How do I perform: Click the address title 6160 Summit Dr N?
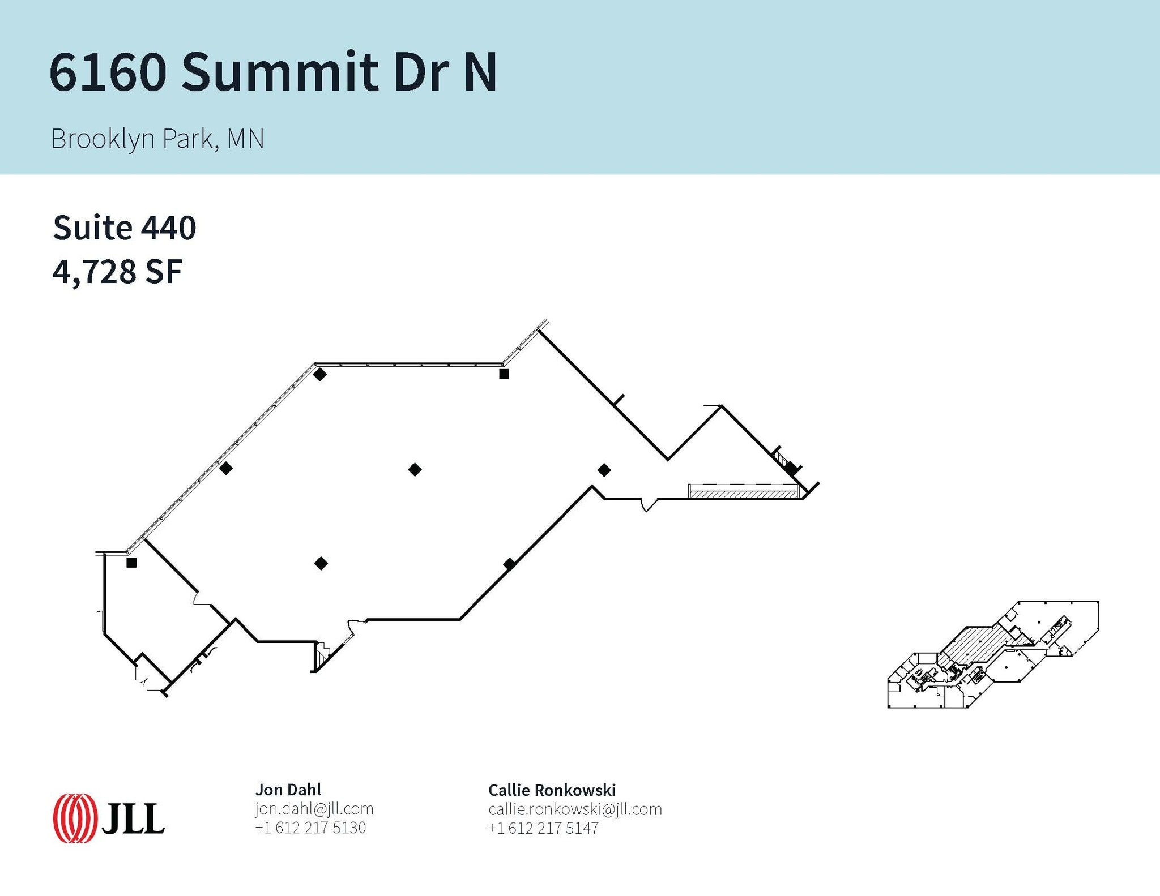[x=273, y=72]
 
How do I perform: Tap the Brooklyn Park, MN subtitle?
[x=157, y=139]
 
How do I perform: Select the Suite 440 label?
[x=125, y=228]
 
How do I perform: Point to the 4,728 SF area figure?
[x=117, y=272]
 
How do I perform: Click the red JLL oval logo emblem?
[x=74, y=818]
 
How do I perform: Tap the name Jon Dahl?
[x=288, y=790]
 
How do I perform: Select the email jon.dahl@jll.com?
[x=314, y=809]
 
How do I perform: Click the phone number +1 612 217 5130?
[x=310, y=828]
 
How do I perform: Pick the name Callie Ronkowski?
[x=552, y=790]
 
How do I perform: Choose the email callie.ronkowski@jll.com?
[x=575, y=809]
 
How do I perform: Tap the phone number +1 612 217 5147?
[x=543, y=828]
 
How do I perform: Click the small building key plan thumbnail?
[x=993, y=654]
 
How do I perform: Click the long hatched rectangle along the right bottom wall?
[x=743, y=491]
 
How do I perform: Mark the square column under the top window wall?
[x=504, y=374]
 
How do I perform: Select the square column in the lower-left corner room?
[x=131, y=563]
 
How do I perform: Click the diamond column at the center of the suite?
[x=415, y=469]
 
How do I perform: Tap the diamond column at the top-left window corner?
[x=320, y=374]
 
